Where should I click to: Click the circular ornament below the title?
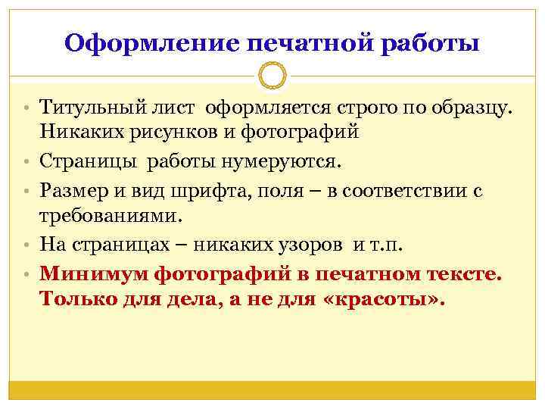click(x=272, y=76)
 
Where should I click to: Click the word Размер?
click(x=73, y=189)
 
